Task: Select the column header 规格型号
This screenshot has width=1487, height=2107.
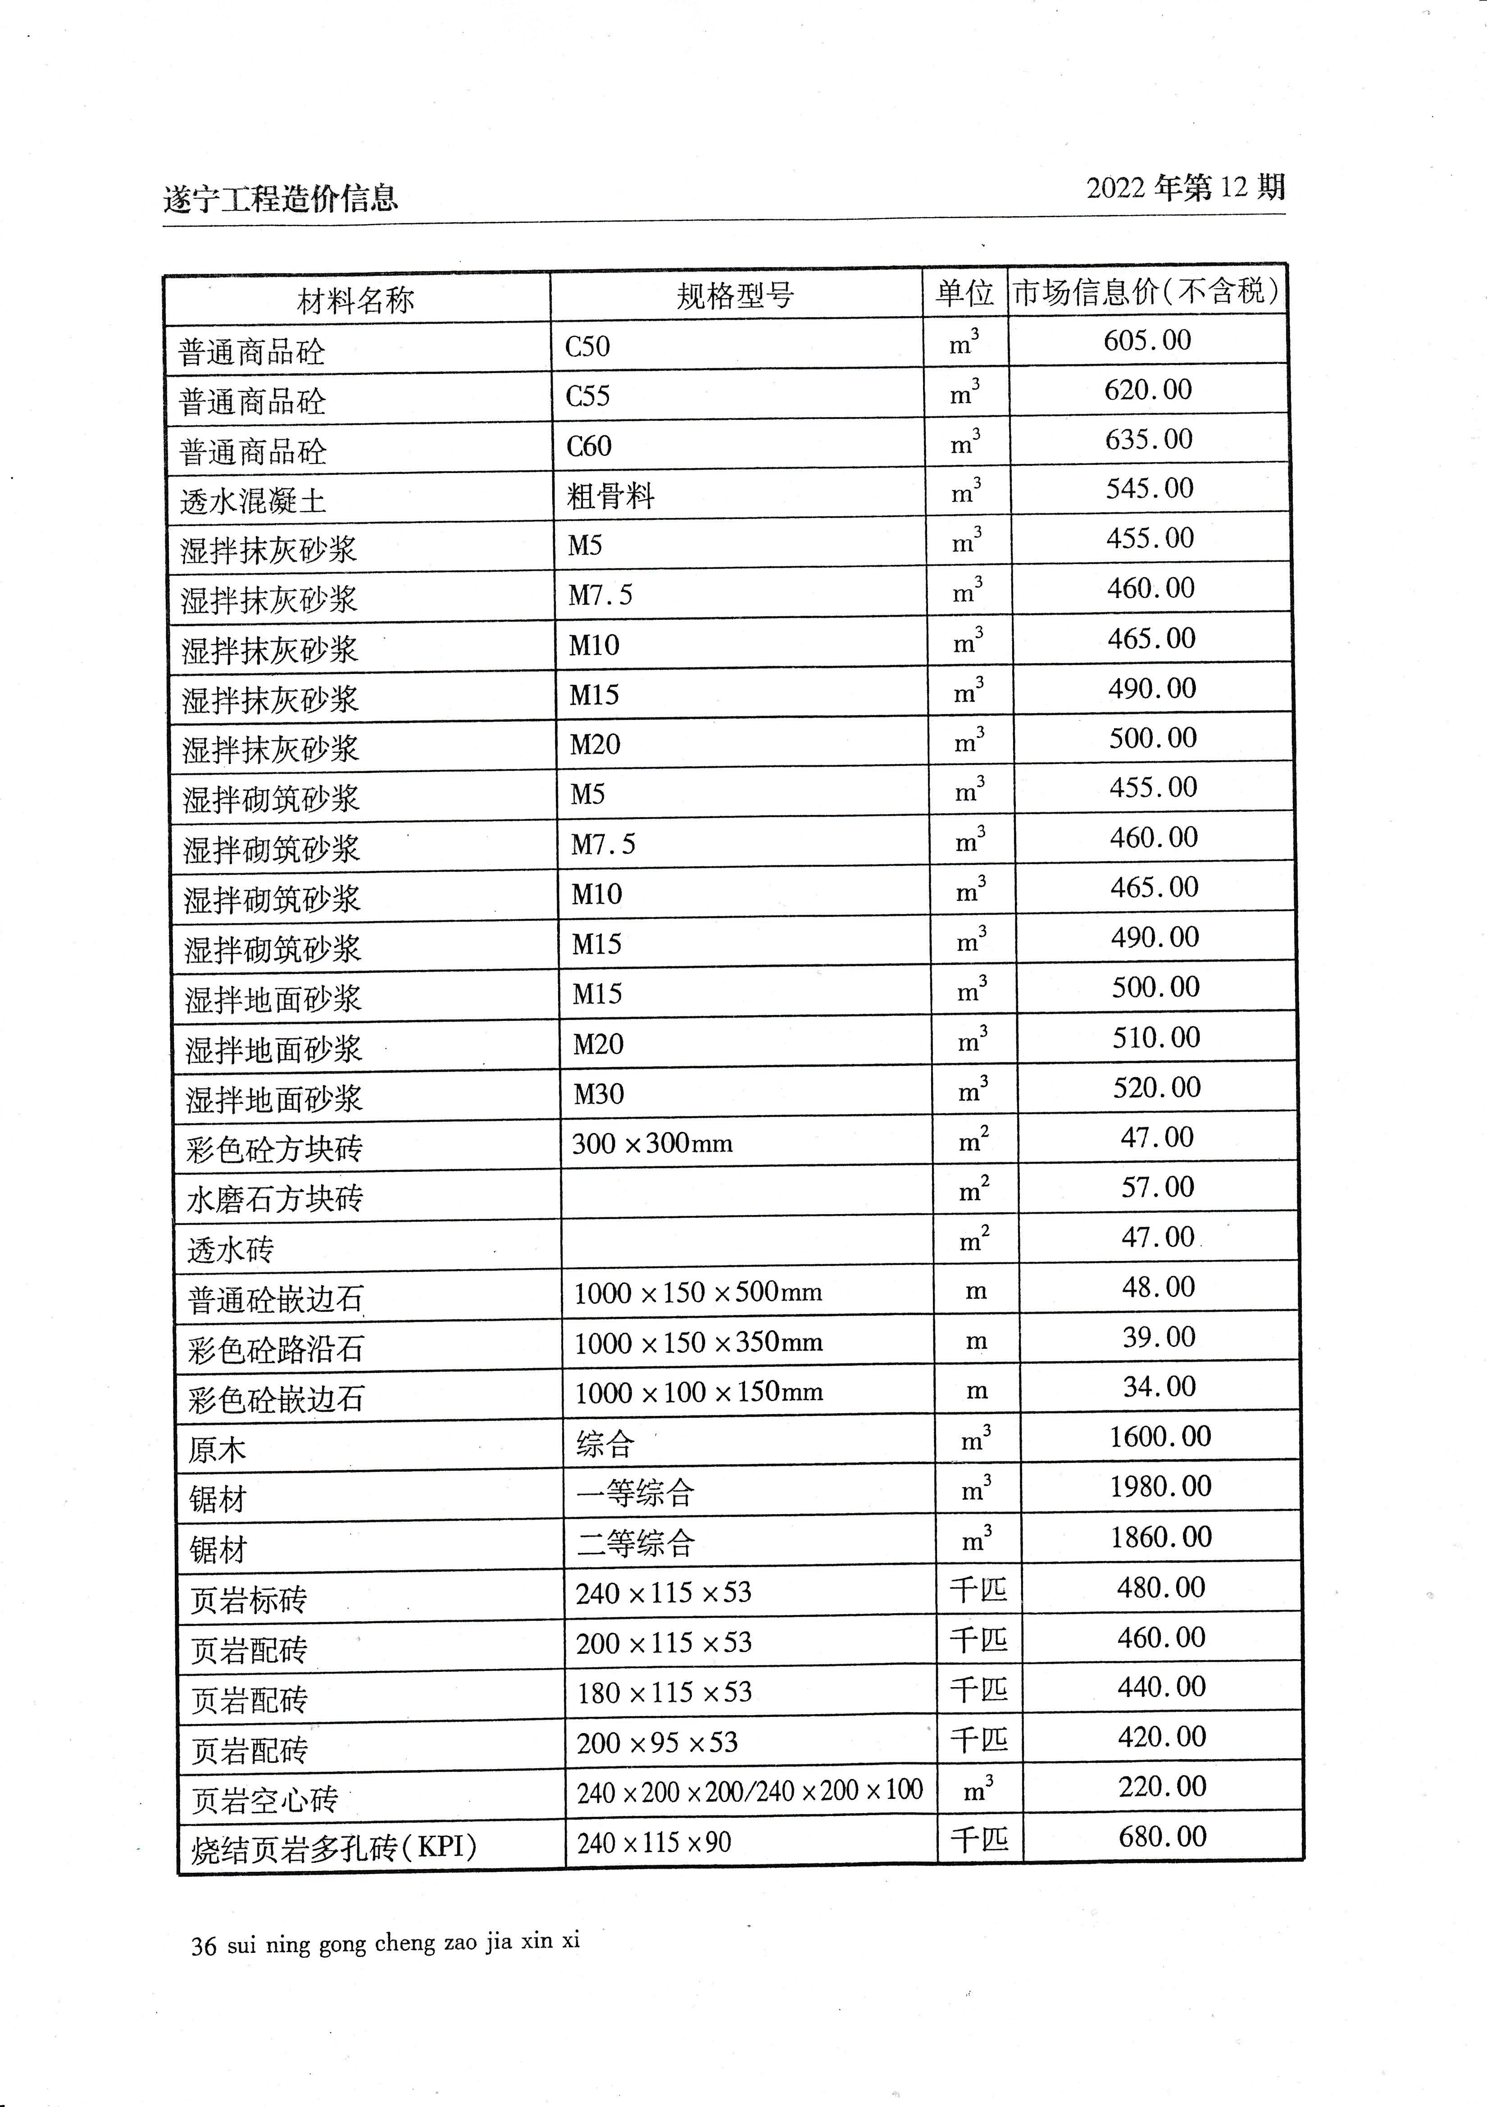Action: [x=735, y=296]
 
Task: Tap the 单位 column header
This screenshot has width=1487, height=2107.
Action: [x=964, y=293]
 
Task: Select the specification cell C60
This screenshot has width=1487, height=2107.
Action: [x=589, y=446]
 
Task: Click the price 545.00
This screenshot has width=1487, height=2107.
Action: [x=1150, y=488]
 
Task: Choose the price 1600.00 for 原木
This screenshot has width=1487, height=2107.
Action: [x=1160, y=1436]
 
